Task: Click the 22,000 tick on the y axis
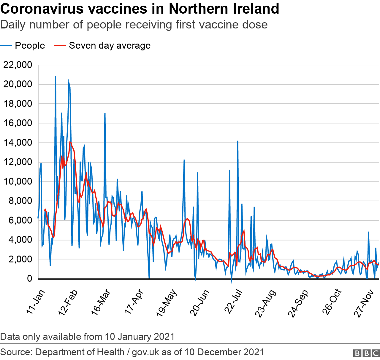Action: click(x=18, y=65)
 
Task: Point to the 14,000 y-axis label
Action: click(x=18, y=143)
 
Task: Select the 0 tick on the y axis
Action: click(x=29, y=279)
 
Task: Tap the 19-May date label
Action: click(x=167, y=303)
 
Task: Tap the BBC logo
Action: click(x=366, y=353)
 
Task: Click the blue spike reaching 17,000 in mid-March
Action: click(x=105, y=114)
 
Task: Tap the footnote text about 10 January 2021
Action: click(x=87, y=337)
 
